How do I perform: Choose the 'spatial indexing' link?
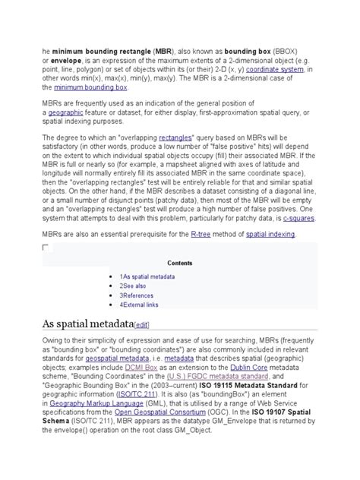tap(270, 234)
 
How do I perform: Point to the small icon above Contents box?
tap(46, 248)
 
